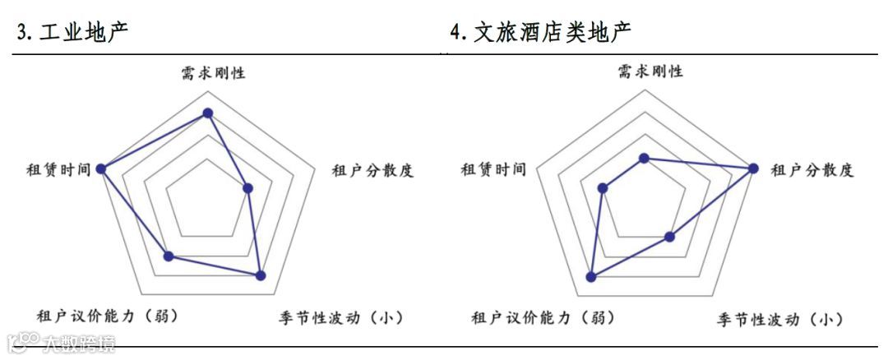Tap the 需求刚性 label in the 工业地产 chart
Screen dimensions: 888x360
click(213, 72)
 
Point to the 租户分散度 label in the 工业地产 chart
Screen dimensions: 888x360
click(372, 171)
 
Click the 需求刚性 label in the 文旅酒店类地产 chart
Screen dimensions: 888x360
click(650, 72)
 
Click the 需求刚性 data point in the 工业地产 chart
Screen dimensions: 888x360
click(208, 113)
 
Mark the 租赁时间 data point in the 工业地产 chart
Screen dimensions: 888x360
click(101, 168)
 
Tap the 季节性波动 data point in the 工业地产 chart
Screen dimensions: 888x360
click(261, 276)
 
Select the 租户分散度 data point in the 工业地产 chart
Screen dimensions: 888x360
click(249, 188)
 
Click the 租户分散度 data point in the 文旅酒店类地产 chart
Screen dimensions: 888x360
click(752, 168)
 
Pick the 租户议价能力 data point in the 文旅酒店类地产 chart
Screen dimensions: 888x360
click(590, 277)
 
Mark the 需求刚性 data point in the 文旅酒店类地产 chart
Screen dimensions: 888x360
click(645, 158)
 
